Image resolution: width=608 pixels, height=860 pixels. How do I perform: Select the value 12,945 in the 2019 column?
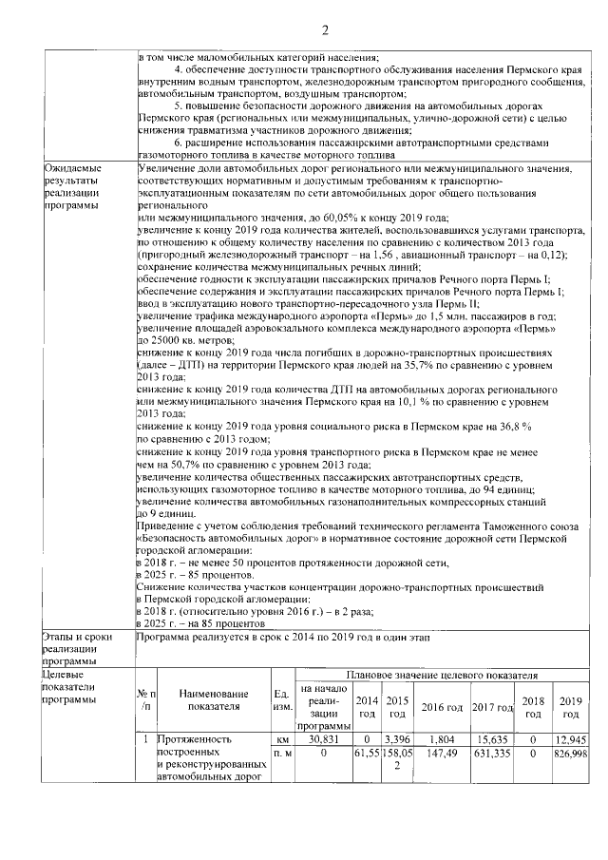pyautogui.click(x=570, y=738)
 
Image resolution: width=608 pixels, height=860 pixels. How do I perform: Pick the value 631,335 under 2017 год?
pyautogui.click(x=492, y=753)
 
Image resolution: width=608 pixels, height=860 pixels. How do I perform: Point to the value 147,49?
pyautogui.click(x=442, y=753)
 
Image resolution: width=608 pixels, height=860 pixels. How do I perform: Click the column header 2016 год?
pyautogui.click(x=442, y=707)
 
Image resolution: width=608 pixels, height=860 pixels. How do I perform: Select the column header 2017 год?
pyautogui.click(x=492, y=707)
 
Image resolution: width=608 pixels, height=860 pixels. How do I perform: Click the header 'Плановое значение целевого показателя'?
pyautogui.click(x=442, y=675)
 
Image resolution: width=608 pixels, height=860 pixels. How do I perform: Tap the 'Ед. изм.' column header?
pyautogui.click(x=280, y=700)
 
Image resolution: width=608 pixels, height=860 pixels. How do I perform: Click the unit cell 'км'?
pyautogui.click(x=280, y=738)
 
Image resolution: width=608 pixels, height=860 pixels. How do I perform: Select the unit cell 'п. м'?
pyautogui.click(x=280, y=753)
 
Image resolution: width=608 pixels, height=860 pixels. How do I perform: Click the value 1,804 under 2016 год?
pyautogui.click(x=442, y=738)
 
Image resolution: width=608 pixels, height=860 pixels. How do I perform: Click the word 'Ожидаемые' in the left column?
pyautogui.click(x=72, y=168)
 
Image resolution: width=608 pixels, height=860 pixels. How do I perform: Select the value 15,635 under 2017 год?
pyautogui.click(x=492, y=738)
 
